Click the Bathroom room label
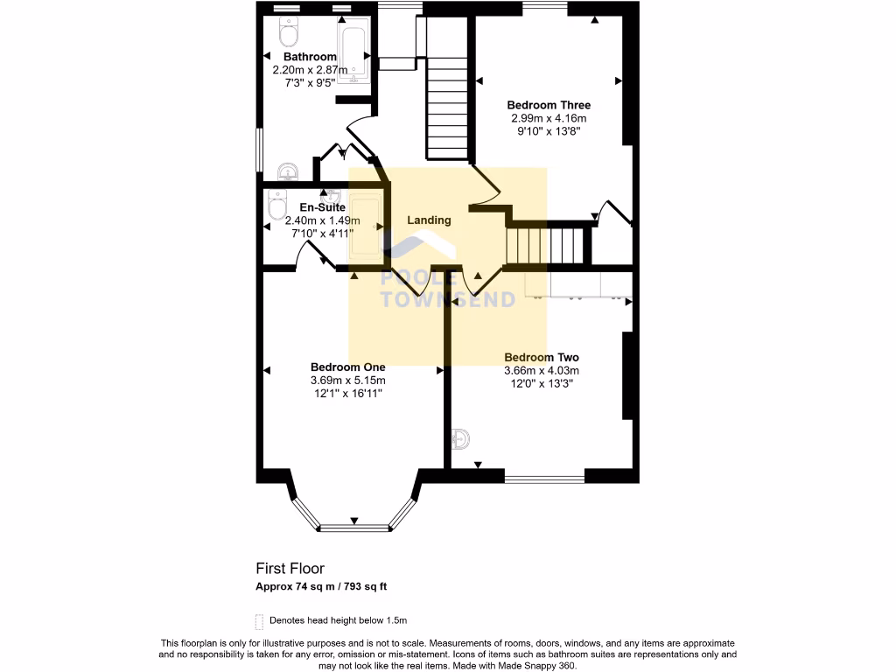click(310, 57)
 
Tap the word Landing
click(429, 220)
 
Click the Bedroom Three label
click(549, 105)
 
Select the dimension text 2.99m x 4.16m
click(549, 118)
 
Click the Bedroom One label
click(348, 367)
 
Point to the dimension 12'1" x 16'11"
click(348, 394)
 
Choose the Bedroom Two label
click(542, 357)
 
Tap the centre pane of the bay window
click(355, 528)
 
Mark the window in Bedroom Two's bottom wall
click(544, 479)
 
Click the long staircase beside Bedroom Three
click(448, 105)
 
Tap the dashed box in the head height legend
click(259, 621)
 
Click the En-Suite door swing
click(311, 254)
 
